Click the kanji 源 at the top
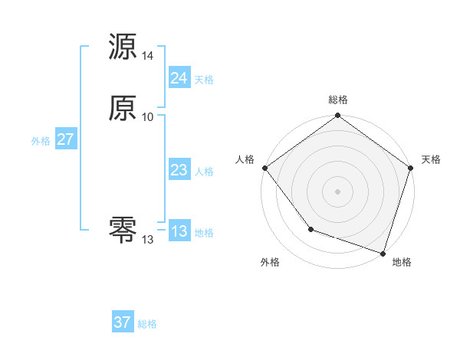[123, 47]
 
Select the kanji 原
[123, 109]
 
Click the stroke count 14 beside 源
[148, 56]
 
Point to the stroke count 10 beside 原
[148, 117]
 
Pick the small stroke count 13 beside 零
[148, 240]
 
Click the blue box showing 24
[179, 78]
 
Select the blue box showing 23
[179, 171]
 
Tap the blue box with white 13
[179, 231]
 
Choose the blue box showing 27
[65, 139]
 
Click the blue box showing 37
[122, 322]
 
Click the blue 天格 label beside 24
[204, 80]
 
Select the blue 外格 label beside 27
[41, 141]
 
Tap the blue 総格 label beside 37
[147, 324]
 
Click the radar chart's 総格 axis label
[337, 100]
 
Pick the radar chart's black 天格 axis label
[431, 159]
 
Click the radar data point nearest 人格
[264, 168]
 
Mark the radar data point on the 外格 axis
[310, 228]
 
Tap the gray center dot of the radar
[337, 191]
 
